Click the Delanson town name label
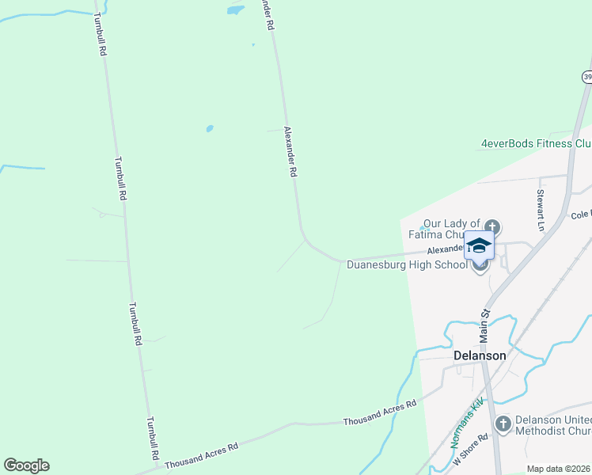(480, 355)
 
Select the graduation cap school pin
(479, 245)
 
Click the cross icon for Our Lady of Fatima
(491, 225)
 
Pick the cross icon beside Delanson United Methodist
(502, 425)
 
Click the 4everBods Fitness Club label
(536, 143)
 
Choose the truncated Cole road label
(580, 214)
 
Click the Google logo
(26, 465)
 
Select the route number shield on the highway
(587, 77)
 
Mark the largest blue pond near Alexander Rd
(235, 10)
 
